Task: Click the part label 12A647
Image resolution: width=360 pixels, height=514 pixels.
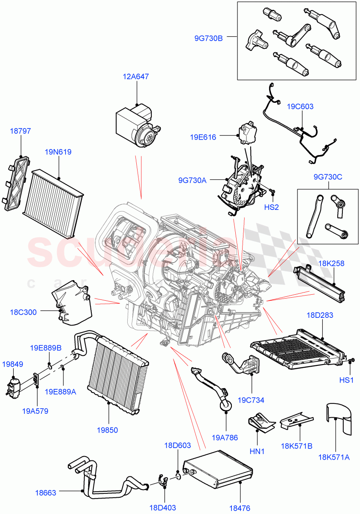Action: pos(136,77)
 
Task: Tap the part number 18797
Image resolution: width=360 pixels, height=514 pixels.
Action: pos(20,131)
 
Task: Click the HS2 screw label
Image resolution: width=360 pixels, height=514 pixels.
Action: pos(271,207)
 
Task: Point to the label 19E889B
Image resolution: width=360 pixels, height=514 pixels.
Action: pos(45,347)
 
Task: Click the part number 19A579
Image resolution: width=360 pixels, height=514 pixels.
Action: pos(36,411)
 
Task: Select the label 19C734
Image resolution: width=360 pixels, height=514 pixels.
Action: pos(252,400)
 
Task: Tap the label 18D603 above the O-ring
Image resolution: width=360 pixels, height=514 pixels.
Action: pos(177,445)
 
